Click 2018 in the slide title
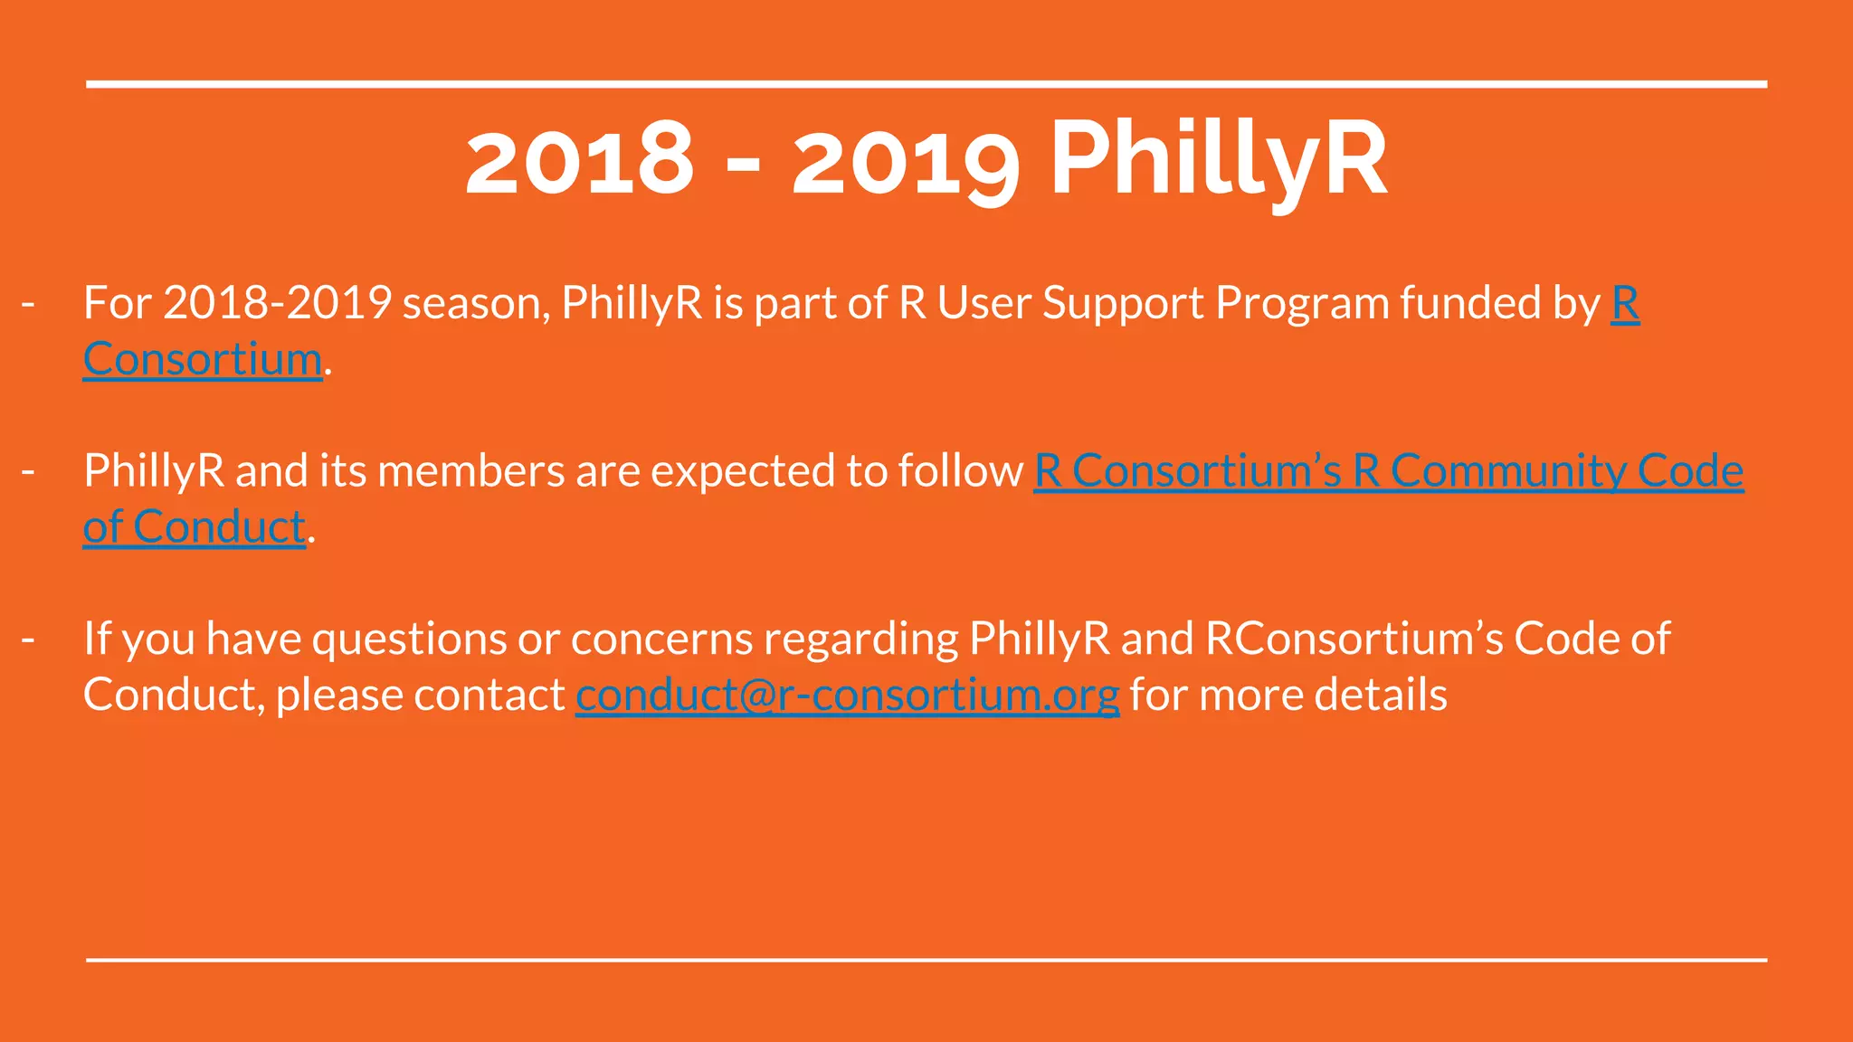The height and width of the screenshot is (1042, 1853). point(579,161)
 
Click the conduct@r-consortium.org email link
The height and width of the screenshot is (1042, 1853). point(847,696)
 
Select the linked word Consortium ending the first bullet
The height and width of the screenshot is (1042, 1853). point(203,360)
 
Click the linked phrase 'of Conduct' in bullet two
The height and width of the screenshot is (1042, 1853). point(194,527)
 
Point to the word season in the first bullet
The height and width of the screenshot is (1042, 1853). point(476,304)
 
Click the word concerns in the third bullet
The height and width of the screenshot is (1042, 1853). point(661,639)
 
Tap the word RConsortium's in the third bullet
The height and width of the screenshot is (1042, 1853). point(1354,639)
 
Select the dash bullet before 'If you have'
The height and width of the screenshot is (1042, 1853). point(28,639)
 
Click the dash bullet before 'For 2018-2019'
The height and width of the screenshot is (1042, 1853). point(28,304)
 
